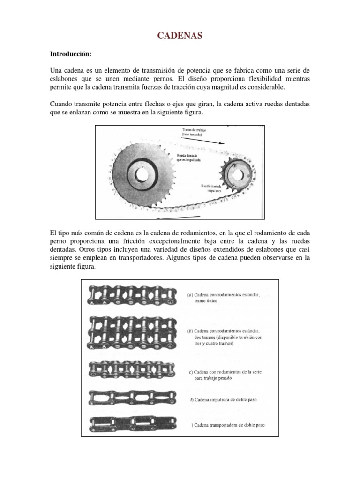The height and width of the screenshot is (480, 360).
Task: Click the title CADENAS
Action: click(x=180, y=36)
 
